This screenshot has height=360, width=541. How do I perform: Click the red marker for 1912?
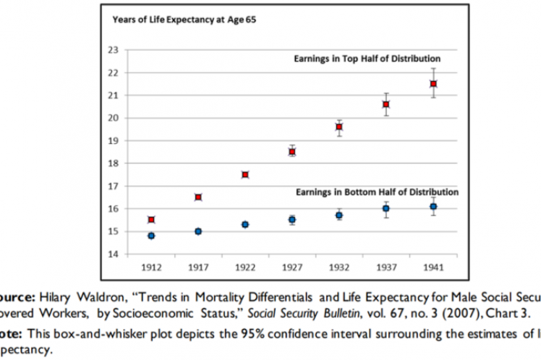[x=151, y=219]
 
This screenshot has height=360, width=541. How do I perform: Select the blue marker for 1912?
[x=151, y=236]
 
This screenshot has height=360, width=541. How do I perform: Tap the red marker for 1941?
[x=433, y=84]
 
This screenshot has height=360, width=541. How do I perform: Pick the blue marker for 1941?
[x=433, y=206]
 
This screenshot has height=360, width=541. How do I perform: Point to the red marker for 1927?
[x=292, y=151]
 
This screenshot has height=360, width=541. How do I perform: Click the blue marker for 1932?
[x=339, y=215]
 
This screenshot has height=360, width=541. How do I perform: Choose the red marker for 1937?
[x=386, y=104]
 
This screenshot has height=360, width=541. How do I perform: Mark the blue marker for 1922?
[x=245, y=224]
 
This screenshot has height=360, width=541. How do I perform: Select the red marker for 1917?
[x=198, y=197]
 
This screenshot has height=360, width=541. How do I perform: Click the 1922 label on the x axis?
[x=245, y=267]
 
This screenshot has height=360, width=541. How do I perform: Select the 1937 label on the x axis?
[x=386, y=267]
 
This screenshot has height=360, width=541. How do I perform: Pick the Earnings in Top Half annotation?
[x=367, y=58]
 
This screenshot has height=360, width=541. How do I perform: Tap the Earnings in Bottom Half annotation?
[x=376, y=192]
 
